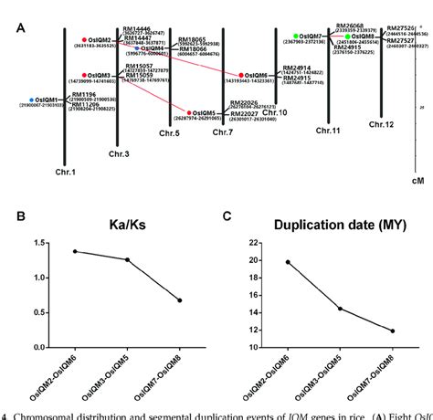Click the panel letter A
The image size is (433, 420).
(20, 27)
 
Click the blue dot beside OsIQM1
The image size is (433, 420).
(33, 100)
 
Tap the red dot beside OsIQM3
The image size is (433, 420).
(83, 75)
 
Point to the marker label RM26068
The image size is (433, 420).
(349, 26)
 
